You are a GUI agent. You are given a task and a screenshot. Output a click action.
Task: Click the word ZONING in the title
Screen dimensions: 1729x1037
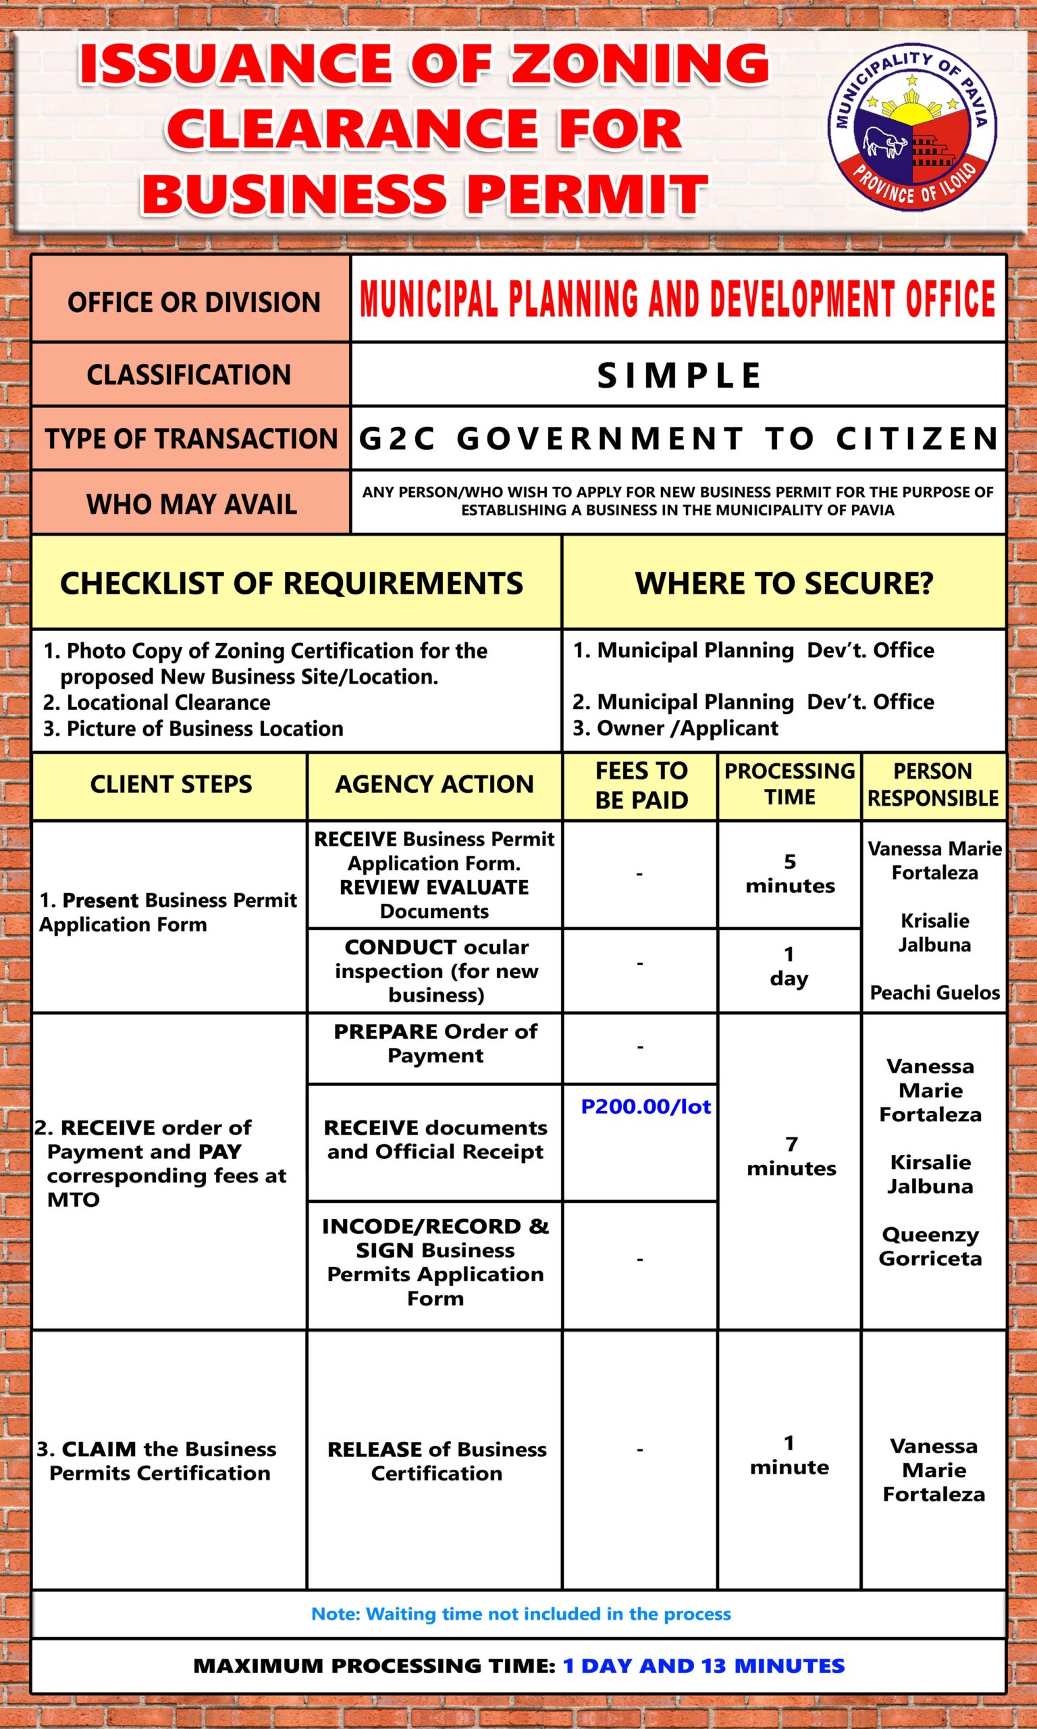(x=639, y=64)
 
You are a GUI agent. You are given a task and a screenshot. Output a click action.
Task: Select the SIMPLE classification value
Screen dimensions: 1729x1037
(x=679, y=376)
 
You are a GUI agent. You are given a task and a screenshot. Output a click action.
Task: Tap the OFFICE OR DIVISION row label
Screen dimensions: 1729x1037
(x=194, y=303)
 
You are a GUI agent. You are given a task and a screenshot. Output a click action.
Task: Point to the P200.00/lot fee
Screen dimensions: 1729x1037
(x=645, y=1107)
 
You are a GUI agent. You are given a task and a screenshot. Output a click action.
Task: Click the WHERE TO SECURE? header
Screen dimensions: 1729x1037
(x=783, y=584)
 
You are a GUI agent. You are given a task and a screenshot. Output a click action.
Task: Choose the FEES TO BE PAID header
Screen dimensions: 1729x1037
(x=641, y=785)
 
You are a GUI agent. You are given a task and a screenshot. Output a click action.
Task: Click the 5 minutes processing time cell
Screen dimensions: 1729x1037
(x=790, y=873)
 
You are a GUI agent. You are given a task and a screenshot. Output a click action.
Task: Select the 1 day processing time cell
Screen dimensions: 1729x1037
(x=789, y=966)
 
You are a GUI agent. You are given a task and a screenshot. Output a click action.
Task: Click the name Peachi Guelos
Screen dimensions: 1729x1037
(x=934, y=992)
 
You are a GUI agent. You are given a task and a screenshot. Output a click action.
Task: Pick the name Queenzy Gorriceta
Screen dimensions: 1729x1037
(x=930, y=1246)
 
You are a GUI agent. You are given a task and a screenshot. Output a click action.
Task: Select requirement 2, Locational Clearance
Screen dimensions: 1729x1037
(x=157, y=702)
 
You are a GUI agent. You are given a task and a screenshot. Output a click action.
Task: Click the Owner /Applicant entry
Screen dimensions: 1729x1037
(x=675, y=728)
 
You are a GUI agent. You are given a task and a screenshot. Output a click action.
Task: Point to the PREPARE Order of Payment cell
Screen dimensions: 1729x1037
(x=435, y=1043)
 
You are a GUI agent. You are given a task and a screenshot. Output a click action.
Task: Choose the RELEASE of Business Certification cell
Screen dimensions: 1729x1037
(x=436, y=1462)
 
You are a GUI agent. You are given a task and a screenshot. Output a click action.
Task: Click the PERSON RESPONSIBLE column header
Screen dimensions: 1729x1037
(x=933, y=785)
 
